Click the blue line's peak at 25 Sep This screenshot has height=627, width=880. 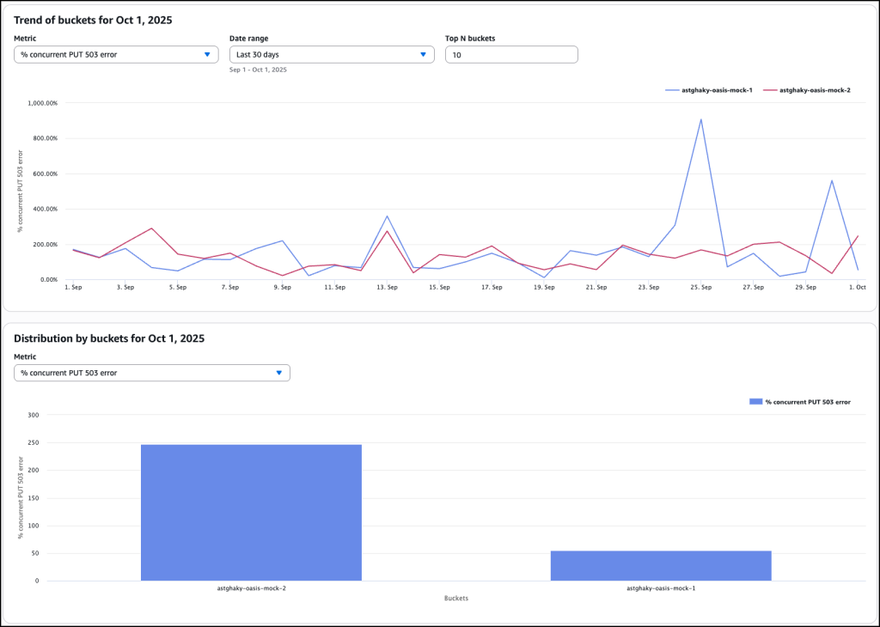click(x=701, y=119)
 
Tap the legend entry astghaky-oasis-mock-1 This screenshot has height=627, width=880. click(x=710, y=89)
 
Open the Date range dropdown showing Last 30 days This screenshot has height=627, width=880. click(x=331, y=54)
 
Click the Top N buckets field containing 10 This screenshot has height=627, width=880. click(x=511, y=54)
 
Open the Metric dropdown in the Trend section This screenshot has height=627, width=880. click(x=116, y=54)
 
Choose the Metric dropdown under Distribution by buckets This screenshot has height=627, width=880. click(x=151, y=373)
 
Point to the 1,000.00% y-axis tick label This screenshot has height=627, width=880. click(x=43, y=103)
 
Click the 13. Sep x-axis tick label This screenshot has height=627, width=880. click(x=387, y=287)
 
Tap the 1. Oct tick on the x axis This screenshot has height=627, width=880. click(x=858, y=287)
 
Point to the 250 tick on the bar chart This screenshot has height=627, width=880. click(x=34, y=443)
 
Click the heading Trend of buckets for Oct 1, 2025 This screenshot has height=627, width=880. click(x=93, y=21)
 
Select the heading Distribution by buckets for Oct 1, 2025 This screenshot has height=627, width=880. click(x=108, y=338)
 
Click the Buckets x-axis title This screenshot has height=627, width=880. click(x=456, y=598)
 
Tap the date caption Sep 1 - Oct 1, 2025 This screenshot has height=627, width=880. click(x=258, y=70)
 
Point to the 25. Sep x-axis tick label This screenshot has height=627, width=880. click(x=701, y=287)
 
